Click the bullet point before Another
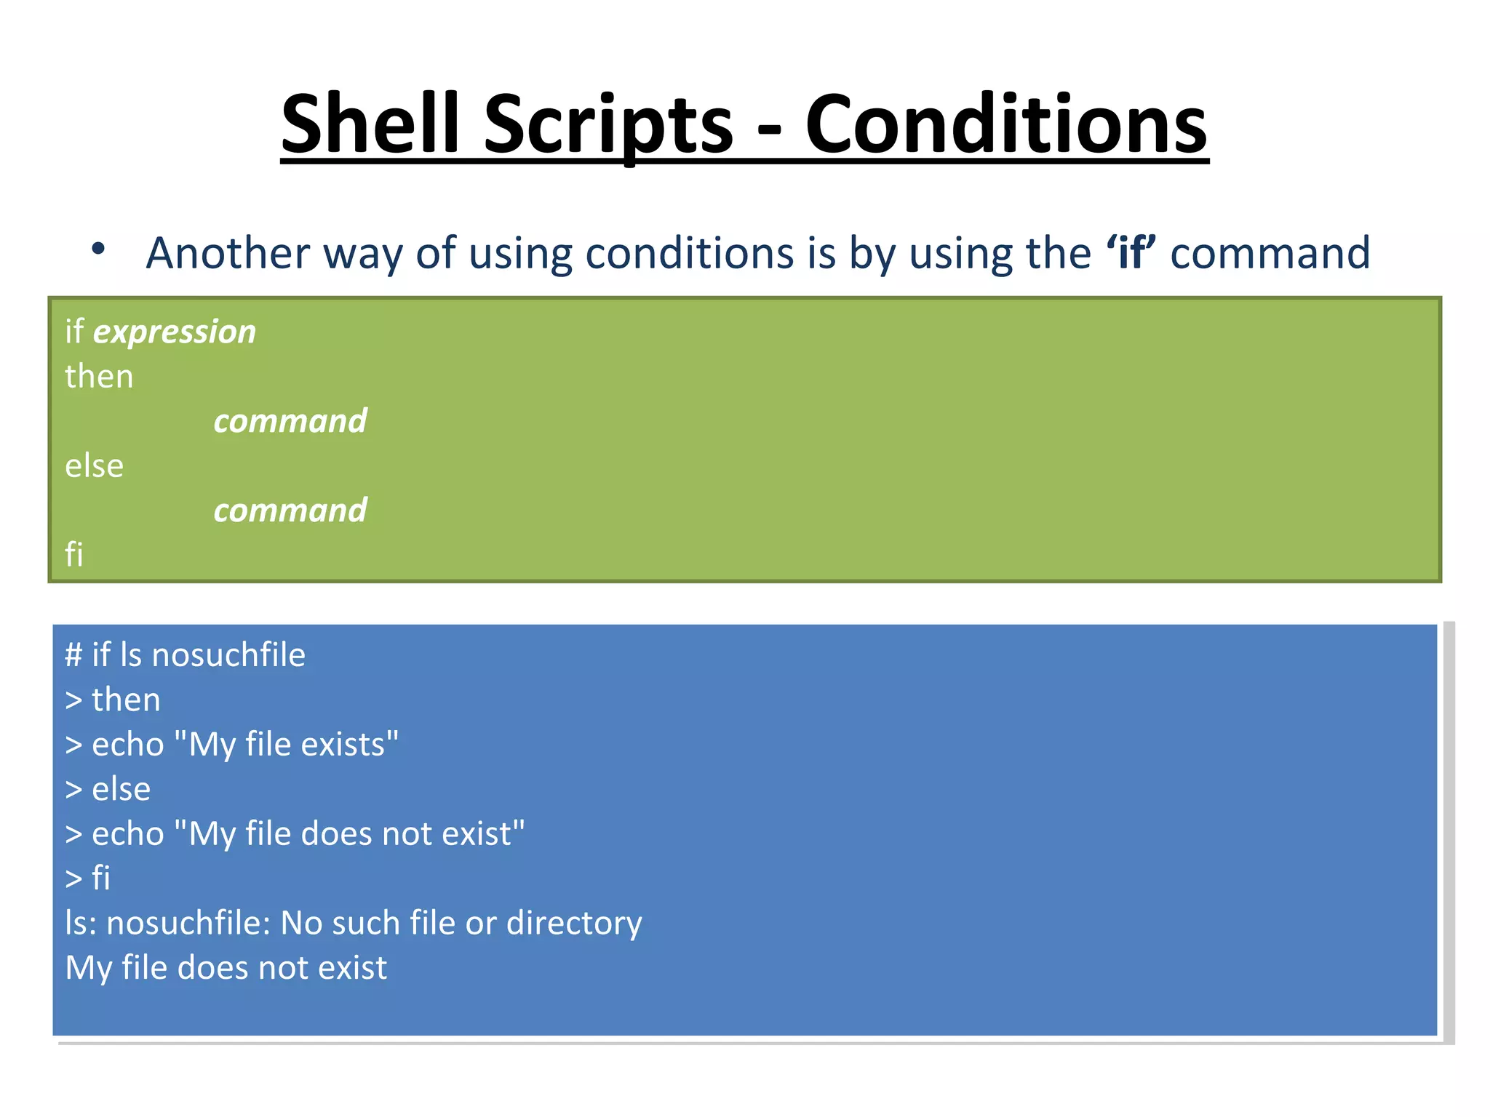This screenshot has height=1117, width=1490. pyautogui.click(x=98, y=249)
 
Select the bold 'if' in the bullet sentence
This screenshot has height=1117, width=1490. pyautogui.click(x=1131, y=253)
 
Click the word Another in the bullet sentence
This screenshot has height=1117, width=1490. pyautogui.click(x=228, y=253)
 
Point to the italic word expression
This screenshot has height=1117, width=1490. pyautogui.click(x=175, y=332)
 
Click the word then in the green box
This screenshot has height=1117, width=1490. pyautogui.click(x=99, y=377)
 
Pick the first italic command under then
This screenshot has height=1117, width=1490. pyautogui.click(x=290, y=421)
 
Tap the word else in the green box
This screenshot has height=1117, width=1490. pyautogui.click(x=94, y=466)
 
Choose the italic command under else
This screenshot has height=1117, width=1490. pyautogui.click(x=290, y=511)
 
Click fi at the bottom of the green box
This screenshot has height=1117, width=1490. pyautogui.click(x=73, y=555)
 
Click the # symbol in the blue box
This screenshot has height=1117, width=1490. pyautogui.click(x=73, y=655)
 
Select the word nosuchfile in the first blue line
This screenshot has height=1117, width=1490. pyautogui.click(x=228, y=655)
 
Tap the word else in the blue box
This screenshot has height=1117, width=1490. pyautogui.click(x=121, y=789)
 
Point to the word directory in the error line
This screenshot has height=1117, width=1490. pyautogui.click(x=574, y=923)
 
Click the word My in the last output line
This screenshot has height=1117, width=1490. pyautogui.click(x=88, y=968)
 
